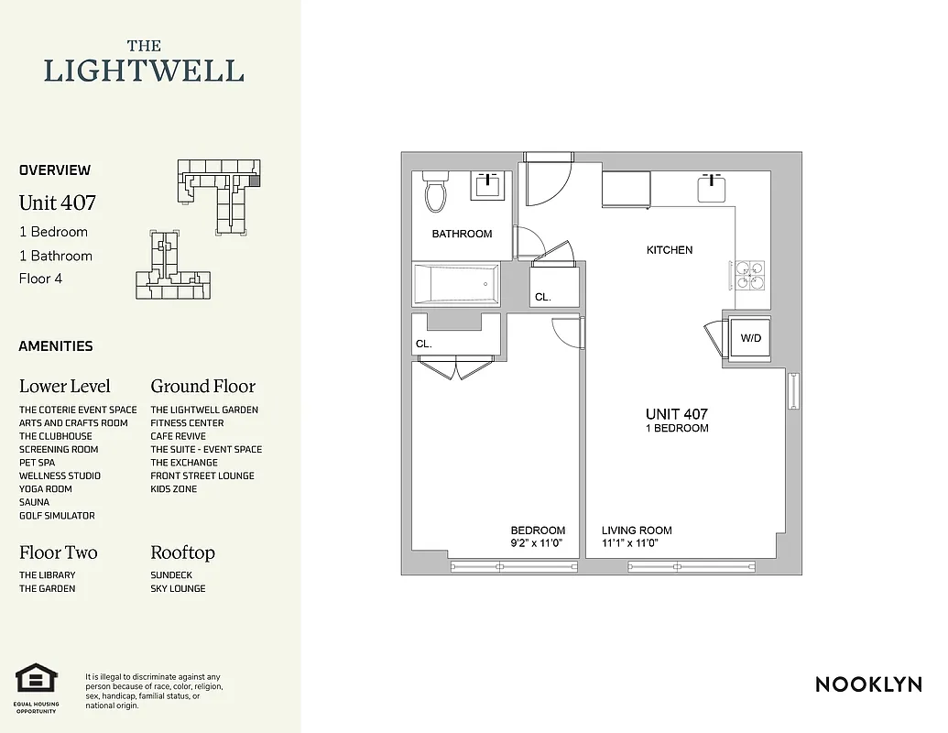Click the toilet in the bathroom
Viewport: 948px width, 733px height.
[x=434, y=192]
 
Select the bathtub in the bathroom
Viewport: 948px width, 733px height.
[x=456, y=284]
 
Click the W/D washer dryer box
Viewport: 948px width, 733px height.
[x=750, y=339]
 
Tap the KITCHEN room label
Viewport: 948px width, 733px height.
[x=670, y=250]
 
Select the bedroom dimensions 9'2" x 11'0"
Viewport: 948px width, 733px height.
[x=538, y=543]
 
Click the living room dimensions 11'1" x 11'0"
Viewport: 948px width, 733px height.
[x=630, y=543]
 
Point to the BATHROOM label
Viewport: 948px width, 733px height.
[x=462, y=234]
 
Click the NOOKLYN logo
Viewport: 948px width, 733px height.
[x=868, y=684]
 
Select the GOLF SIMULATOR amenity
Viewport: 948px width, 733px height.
[x=57, y=516]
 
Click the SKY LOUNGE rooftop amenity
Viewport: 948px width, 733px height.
[x=178, y=588]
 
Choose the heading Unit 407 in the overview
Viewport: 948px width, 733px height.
[x=57, y=202]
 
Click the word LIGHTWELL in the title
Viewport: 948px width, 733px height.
[x=144, y=71]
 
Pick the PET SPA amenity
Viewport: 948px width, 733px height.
[x=37, y=463]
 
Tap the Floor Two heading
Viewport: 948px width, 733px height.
[x=58, y=552]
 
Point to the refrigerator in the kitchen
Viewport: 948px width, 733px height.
[x=626, y=190]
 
